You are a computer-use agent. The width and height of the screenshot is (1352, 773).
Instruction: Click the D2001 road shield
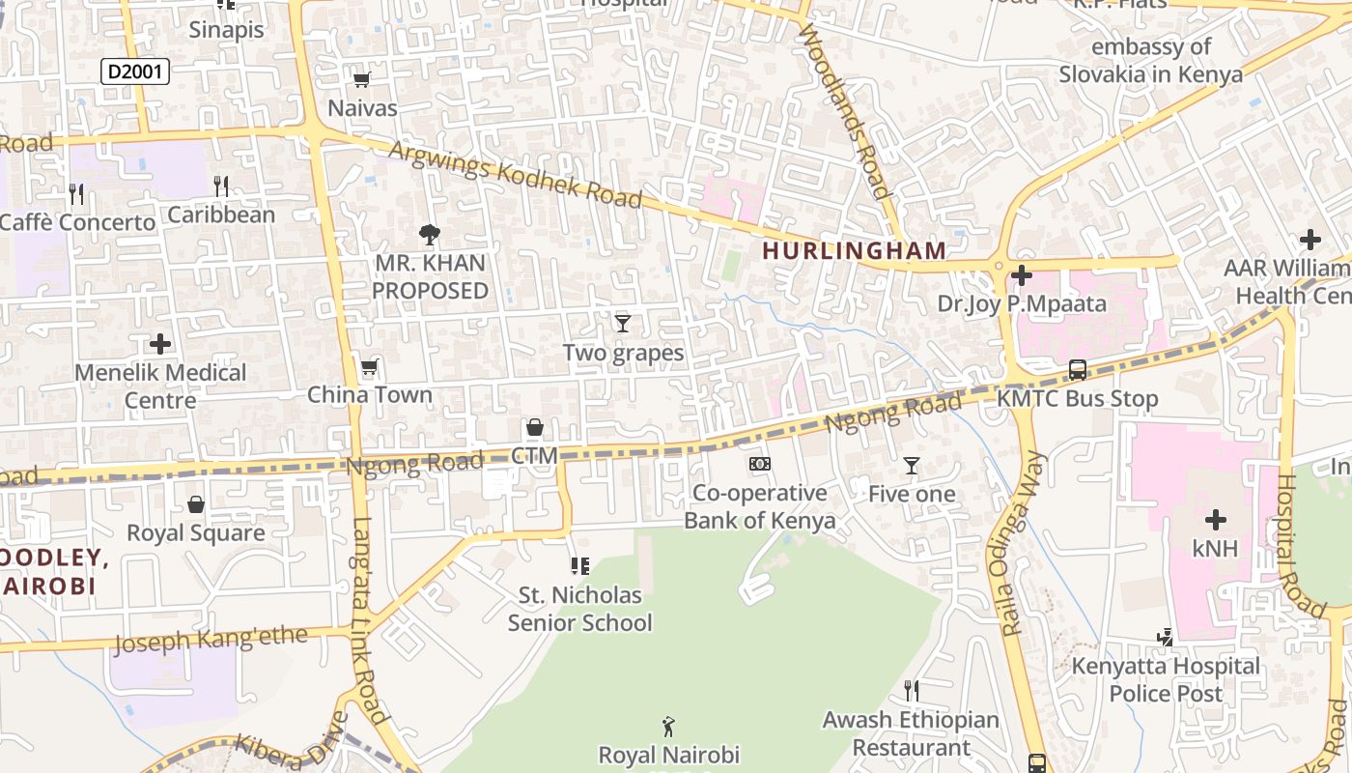coord(135,71)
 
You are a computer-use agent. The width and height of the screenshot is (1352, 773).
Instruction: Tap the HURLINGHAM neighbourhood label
coord(855,250)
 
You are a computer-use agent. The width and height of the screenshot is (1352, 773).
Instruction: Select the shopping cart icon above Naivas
coord(362,80)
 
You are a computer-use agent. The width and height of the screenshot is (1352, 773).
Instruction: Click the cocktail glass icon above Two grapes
coord(623,323)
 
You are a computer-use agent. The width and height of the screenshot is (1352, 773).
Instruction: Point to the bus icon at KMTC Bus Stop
coord(1078,369)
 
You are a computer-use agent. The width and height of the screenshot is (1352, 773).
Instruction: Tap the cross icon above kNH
coord(1215,520)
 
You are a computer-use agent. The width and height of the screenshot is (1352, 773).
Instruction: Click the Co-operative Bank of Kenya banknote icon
coord(760,464)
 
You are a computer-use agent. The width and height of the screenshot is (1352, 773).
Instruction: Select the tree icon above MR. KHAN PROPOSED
coord(430,234)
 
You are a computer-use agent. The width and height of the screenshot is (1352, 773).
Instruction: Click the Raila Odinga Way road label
coord(1011,543)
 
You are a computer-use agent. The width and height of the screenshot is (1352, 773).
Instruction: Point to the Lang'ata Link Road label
coord(369,622)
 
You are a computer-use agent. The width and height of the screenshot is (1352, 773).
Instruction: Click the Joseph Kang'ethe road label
coord(211,640)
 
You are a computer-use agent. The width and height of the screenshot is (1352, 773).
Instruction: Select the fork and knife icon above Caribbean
coord(222,186)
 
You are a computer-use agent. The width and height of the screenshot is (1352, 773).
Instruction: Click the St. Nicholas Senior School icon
coord(580,566)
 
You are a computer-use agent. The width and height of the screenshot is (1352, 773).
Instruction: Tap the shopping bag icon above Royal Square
coord(196,504)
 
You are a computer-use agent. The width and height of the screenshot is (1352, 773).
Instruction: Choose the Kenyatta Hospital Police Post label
coord(1166,679)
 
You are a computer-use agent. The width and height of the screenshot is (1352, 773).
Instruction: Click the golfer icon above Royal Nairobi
coord(668,726)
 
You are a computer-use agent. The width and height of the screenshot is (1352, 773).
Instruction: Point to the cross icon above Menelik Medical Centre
coord(160,343)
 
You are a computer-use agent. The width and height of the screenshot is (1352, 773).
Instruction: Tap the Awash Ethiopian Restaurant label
coord(911,733)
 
